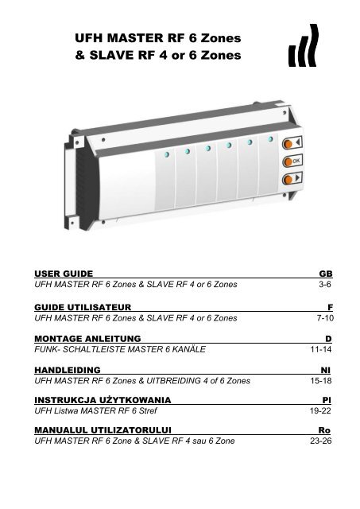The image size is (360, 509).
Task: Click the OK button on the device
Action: [x=295, y=161]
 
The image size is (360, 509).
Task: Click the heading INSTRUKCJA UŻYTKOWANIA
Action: [x=100, y=403]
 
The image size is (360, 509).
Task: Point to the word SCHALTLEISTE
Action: [x=91, y=350]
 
